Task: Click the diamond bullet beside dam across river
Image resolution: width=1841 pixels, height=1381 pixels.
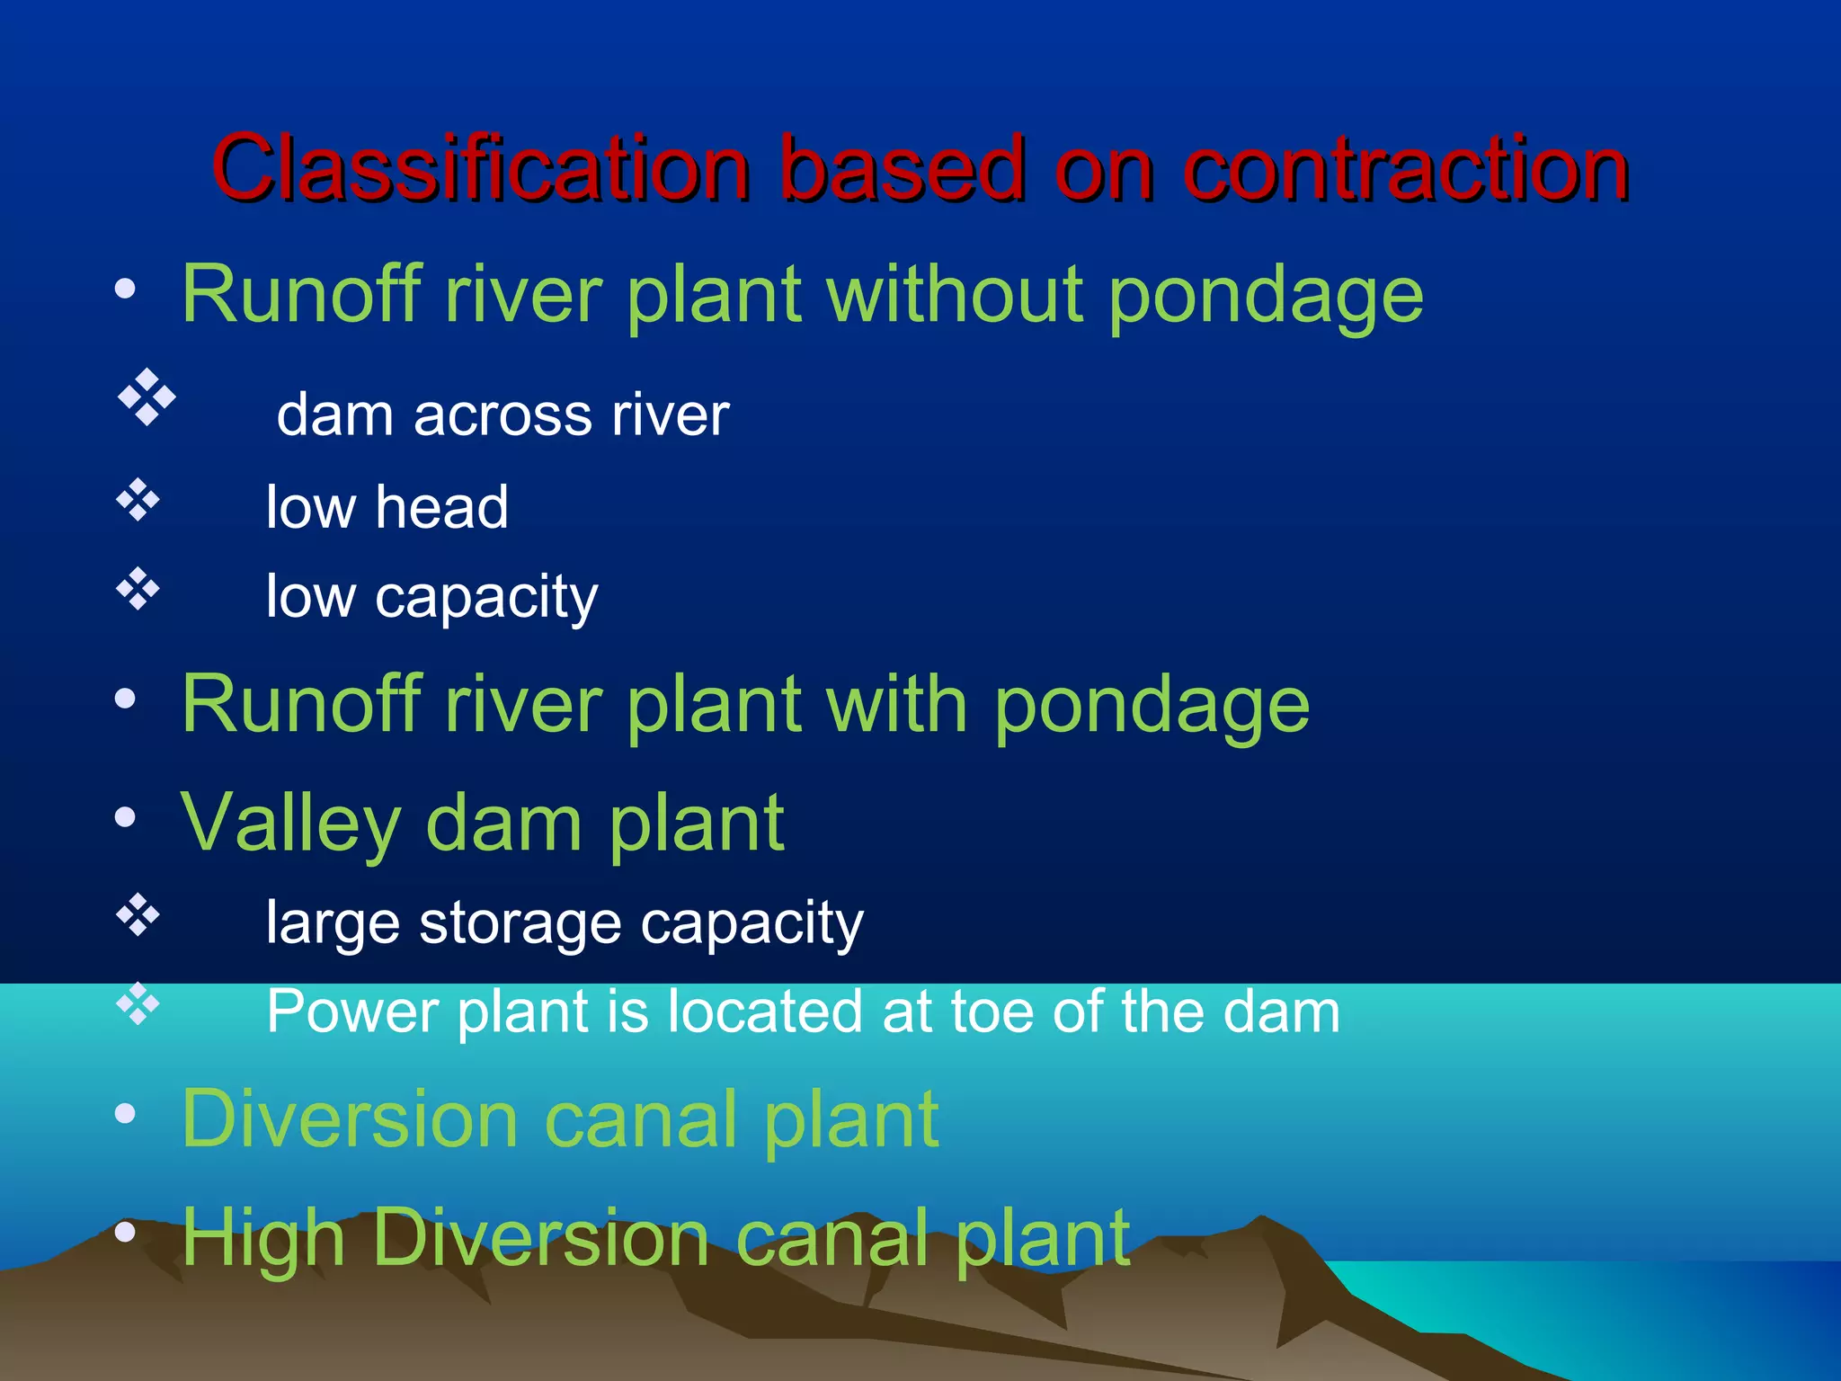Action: (x=146, y=396)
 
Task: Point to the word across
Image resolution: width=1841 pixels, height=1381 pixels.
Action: (x=502, y=415)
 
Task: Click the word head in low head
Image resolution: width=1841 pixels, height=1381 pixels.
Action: (x=441, y=507)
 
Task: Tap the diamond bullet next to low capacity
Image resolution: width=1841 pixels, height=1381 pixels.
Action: (x=138, y=589)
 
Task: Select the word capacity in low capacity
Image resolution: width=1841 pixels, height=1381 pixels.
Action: (x=485, y=598)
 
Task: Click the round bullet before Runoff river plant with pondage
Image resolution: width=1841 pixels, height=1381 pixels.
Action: (x=125, y=698)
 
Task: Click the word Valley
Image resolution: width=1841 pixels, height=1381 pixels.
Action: (x=290, y=824)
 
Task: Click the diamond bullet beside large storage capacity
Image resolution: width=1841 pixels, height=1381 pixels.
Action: (x=138, y=914)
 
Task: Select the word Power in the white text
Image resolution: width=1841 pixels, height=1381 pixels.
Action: (x=352, y=1011)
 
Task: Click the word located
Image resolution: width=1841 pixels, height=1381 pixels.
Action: (x=766, y=1011)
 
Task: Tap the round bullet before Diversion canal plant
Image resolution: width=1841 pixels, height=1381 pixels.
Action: (x=125, y=1114)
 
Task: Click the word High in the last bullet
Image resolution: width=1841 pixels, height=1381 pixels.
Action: (x=262, y=1239)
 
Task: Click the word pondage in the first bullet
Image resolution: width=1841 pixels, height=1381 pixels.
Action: (x=1265, y=297)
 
